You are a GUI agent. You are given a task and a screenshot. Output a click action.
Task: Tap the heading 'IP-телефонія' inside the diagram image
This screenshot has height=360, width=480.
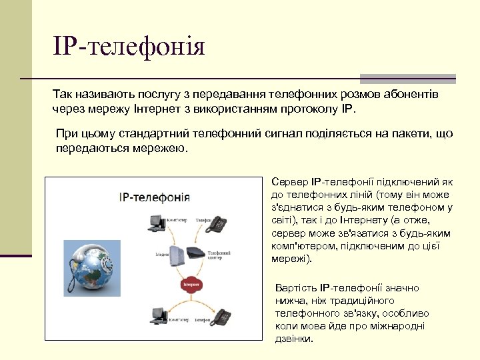point(154,197)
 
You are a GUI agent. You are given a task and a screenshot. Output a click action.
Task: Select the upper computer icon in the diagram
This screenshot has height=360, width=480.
point(156,222)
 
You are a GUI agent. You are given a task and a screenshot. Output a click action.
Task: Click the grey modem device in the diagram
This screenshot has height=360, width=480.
point(177,255)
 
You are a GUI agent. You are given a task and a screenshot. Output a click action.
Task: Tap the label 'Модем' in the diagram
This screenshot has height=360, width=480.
point(163,254)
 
